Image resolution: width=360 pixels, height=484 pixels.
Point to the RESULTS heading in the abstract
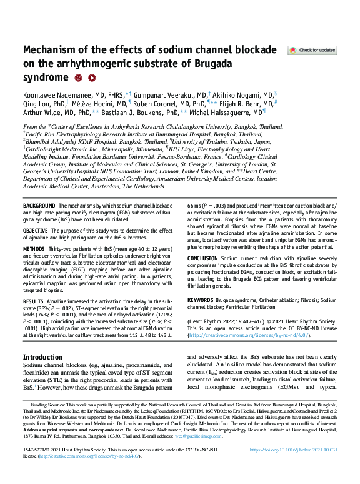pos(34,300)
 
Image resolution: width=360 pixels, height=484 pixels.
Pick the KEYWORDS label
pos(204,300)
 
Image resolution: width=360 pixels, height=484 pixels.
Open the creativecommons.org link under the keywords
pos(240,336)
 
